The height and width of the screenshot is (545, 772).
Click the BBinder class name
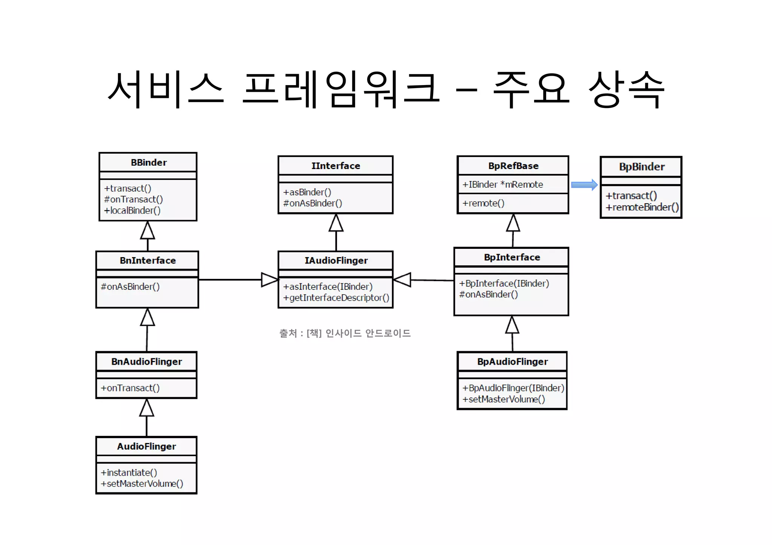149,163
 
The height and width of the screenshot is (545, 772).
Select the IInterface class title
335,166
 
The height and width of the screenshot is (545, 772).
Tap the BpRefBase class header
513,166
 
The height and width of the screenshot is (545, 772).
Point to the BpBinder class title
642,167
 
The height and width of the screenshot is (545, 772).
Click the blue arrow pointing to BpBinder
584,185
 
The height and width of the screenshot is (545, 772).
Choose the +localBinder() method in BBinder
132,210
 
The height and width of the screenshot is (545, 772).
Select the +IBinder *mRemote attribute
503,184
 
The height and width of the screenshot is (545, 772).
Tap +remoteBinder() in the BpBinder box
642,207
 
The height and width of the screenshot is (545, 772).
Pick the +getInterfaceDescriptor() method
336,298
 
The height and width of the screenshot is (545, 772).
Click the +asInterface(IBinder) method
328,287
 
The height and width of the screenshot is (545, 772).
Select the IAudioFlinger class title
336,260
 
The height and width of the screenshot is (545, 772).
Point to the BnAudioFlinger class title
147,362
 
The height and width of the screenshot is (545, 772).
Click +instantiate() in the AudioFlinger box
129,472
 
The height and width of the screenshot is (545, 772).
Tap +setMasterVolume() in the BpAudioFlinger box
504,399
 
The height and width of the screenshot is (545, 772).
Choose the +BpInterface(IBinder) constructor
504,283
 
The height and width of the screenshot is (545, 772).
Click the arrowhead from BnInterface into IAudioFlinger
270,280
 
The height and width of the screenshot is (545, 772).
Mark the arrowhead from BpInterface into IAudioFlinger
402,280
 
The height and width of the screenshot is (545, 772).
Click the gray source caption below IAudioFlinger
345,333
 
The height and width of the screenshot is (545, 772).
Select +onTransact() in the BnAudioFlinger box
130,388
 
